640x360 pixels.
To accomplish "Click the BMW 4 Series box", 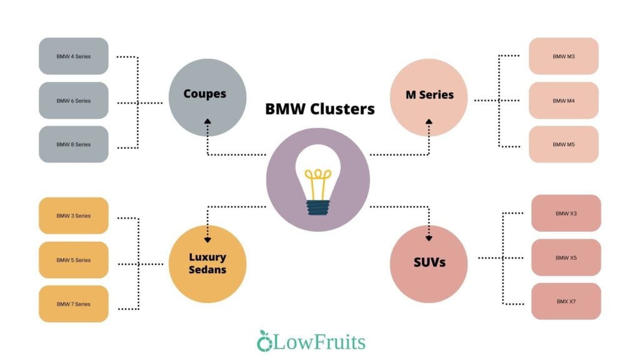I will pos(74,56).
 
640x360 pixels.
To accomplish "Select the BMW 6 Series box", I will pos(74,101).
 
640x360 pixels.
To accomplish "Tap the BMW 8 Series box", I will pos(74,144).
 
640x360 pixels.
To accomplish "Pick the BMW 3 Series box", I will pos(74,216).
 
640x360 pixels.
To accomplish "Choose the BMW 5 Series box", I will pos(74,260).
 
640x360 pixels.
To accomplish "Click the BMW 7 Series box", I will pos(74,304).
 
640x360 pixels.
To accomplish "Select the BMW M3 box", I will pos(564,56).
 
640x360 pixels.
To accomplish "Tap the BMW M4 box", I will pos(564,101).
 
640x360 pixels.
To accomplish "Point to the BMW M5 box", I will pos(564,144).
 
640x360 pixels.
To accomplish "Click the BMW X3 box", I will pos(566,213).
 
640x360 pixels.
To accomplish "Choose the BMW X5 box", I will pos(566,257).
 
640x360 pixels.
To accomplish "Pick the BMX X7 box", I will pos(566,301).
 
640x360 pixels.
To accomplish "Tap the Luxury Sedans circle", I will pos(207,264).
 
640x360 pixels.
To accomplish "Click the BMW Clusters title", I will pos(320,109).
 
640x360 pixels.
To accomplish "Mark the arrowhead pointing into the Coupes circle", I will pos(207,122).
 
